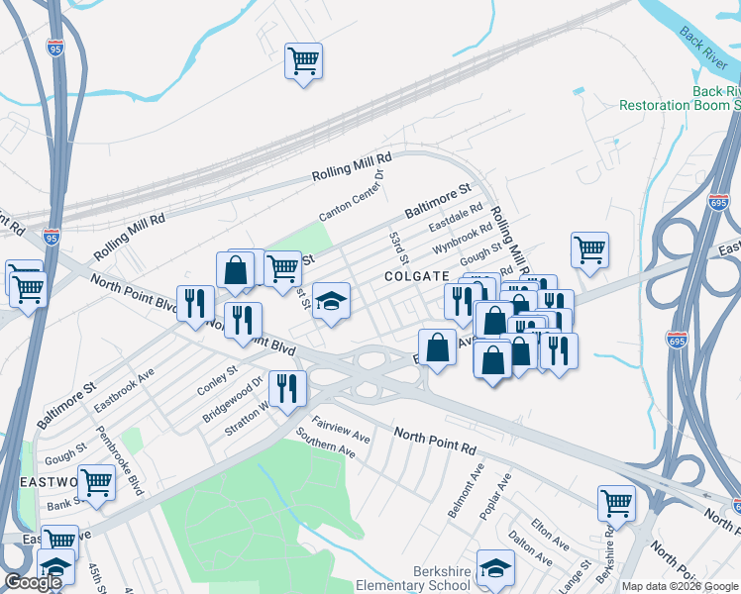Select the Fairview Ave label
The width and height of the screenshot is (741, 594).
pos(341,428)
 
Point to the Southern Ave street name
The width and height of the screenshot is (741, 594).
pos(326,442)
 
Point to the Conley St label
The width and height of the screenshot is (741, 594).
pos(218,379)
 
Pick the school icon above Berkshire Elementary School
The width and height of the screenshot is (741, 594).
pos(495,567)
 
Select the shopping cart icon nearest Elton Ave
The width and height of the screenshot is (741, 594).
pos(616,502)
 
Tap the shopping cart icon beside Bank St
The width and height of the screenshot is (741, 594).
pos(96,482)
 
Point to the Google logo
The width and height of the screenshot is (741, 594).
pos(33,582)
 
